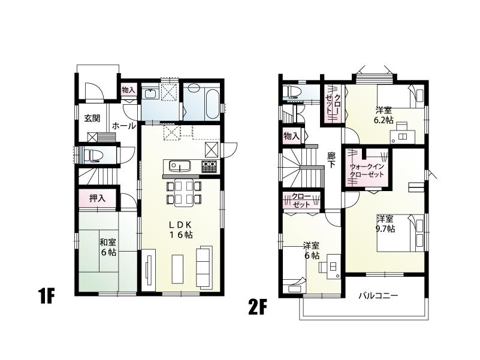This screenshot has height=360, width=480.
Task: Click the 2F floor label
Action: click(257, 308)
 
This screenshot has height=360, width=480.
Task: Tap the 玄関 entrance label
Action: click(92, 118)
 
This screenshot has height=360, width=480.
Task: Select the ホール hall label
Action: click(123, 126)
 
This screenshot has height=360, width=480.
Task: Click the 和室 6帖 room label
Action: click(108, 247)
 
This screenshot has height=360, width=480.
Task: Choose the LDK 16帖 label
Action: click(180, 229)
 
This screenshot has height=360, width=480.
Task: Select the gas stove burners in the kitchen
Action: click(209, 166)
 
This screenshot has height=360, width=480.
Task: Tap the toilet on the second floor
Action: click(293, 92)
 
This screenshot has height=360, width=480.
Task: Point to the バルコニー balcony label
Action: click(378, 295)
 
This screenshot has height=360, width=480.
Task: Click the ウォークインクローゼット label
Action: click(367, 170)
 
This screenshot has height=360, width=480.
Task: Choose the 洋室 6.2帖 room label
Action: click(384, 115)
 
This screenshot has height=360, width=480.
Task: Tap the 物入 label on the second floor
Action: click(291, 137)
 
